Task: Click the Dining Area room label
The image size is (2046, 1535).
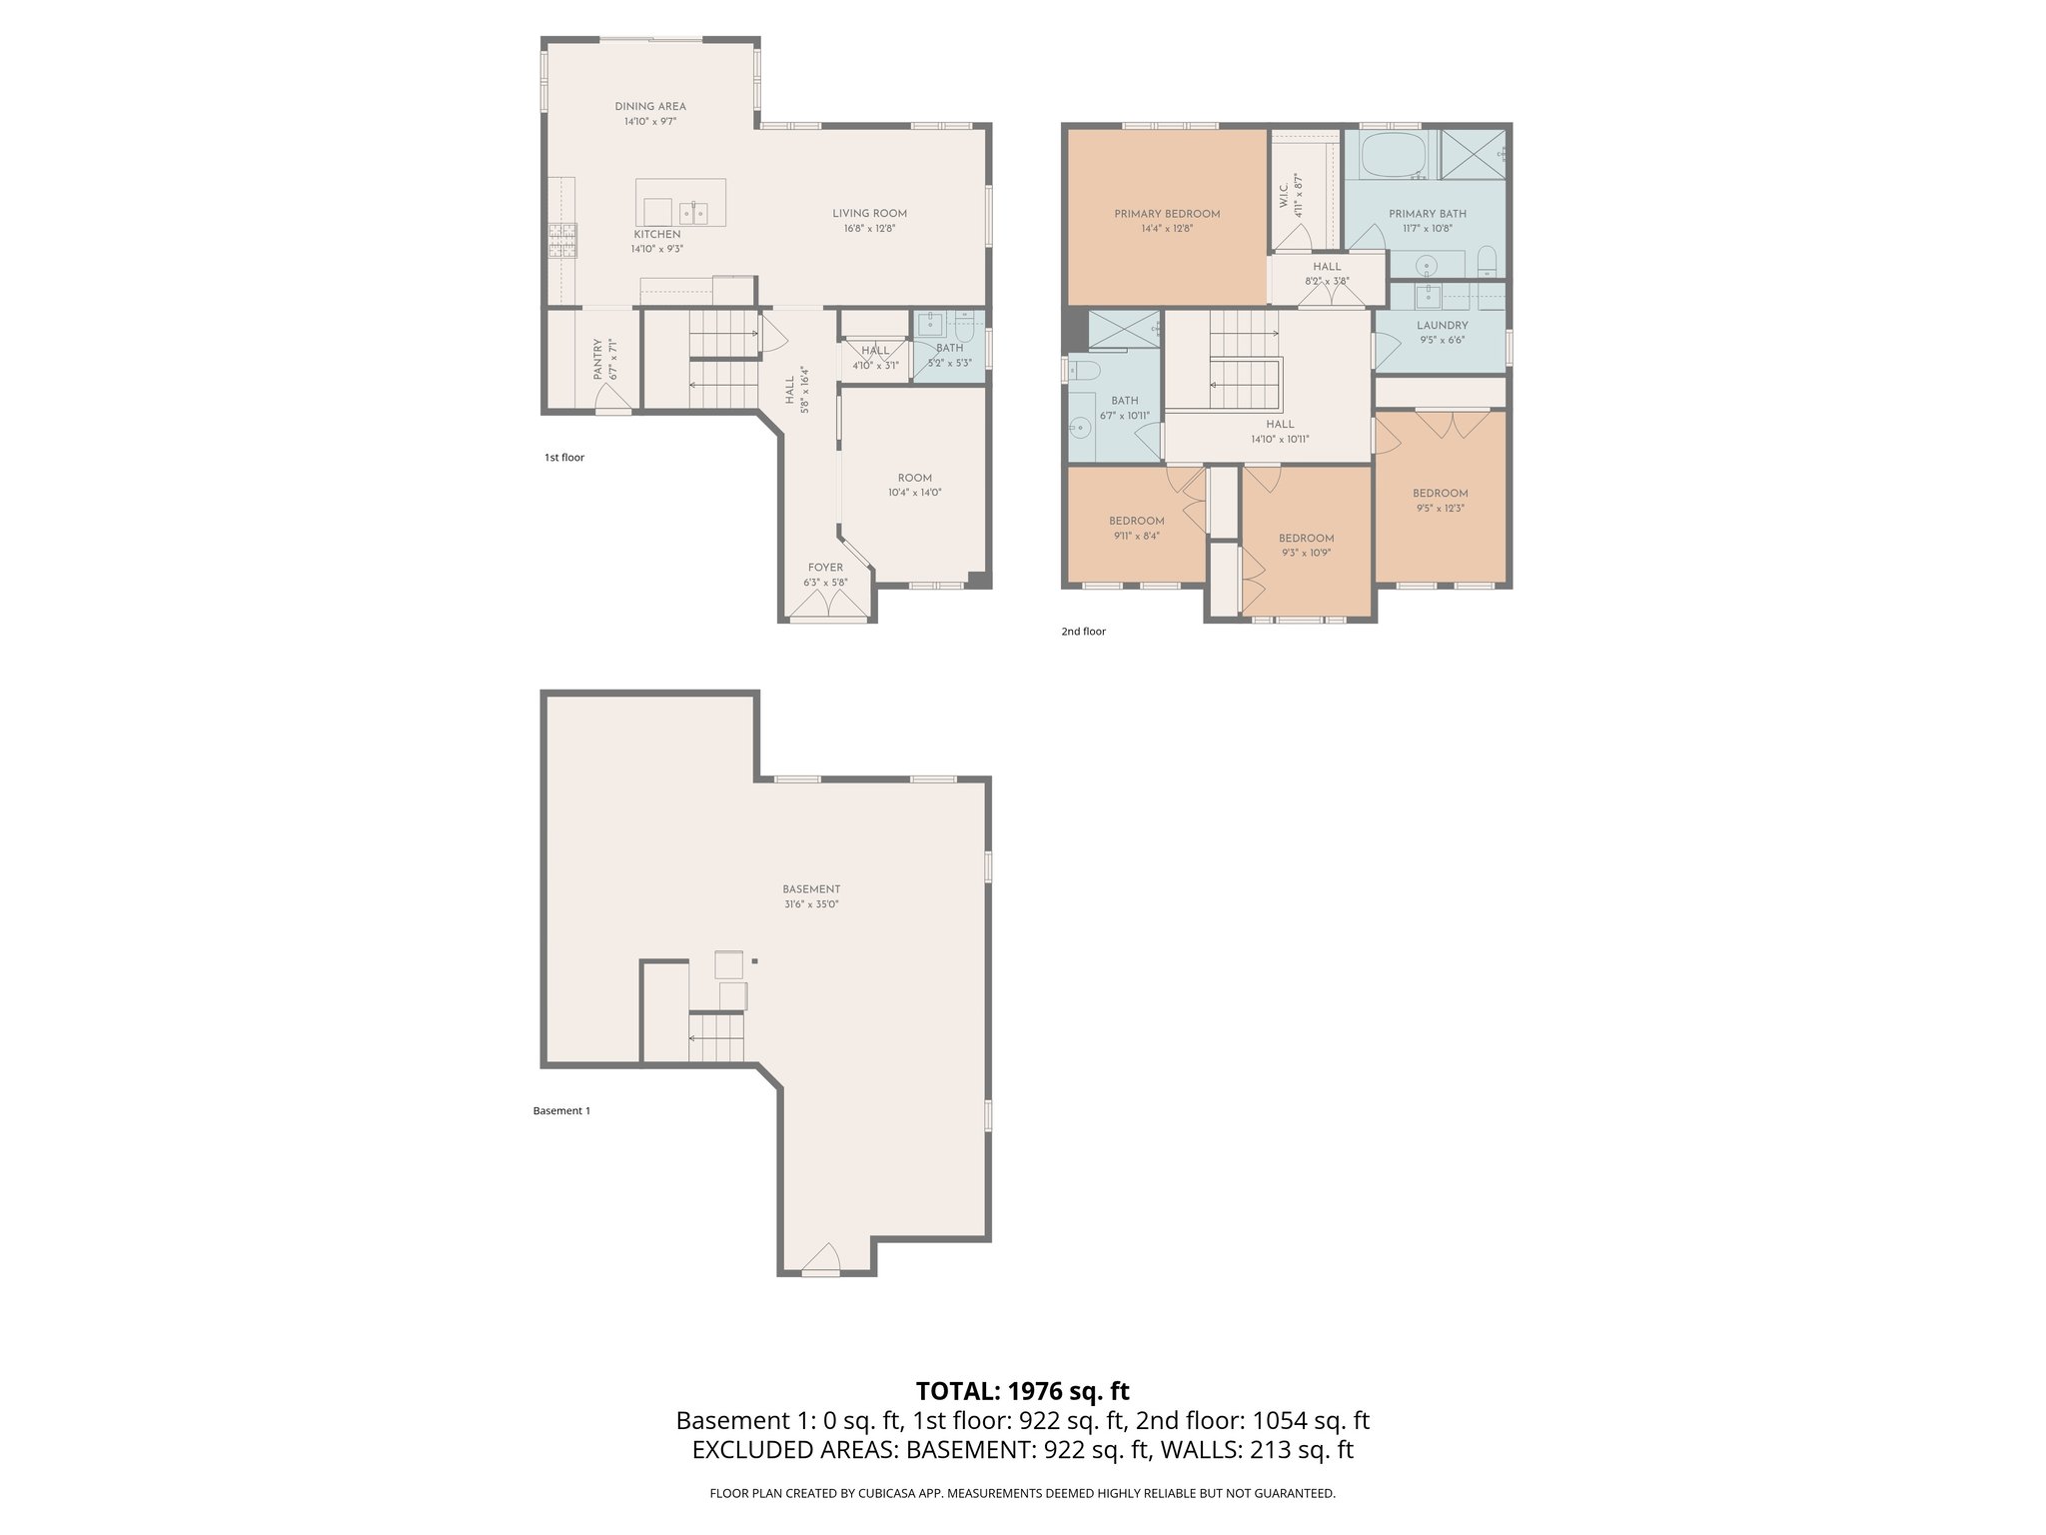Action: (x=650, y=107)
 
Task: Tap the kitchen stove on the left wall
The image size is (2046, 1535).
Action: (x=562, y=241)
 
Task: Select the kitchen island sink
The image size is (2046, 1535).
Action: (x=694, y=213)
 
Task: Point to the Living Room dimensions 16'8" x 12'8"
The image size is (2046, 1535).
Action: (x=869, y=228)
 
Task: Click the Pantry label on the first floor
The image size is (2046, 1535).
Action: (x=596, y=359)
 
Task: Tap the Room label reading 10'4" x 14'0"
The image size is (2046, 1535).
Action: (x=914, y=486)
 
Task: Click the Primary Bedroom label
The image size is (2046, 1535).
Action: (x=1167, y=214)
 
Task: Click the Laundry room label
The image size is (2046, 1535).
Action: (x=1442, y=326)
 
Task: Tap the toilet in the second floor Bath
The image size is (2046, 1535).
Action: (x=1085, y=372)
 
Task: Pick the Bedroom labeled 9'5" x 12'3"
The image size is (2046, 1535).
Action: (x=1440, y=501)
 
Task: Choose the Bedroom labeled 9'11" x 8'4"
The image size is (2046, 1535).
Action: (x=1136, y=528)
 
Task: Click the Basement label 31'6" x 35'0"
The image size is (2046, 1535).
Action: (x=810, y=896)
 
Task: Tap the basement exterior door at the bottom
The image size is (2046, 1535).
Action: (x=821, y=1263)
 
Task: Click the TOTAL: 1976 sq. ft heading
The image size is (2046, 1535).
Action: (x=1022, y=1391)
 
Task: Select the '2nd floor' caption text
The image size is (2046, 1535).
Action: (x=1083, y=632)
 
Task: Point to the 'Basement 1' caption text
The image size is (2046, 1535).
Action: (x=561, y=1111)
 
